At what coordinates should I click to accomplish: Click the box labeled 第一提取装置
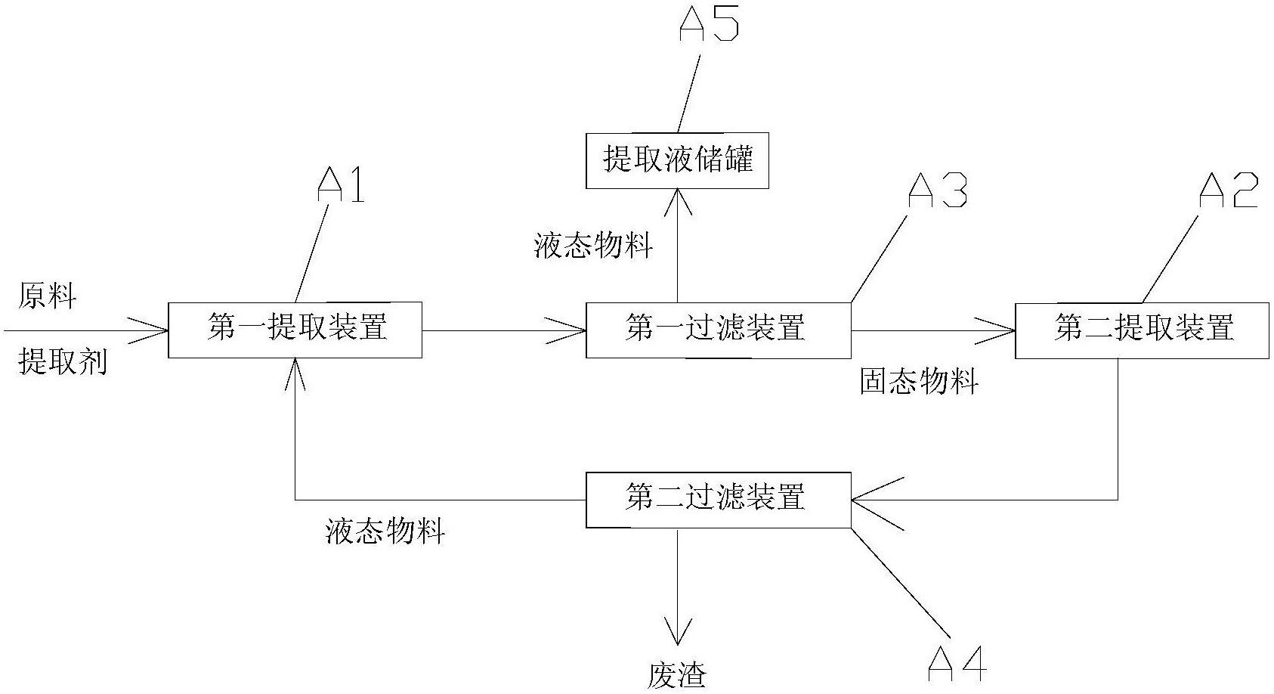tap(295, 330)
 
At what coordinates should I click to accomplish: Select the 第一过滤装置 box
tap(719, 330)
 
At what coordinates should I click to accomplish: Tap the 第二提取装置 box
tap(1142, 330)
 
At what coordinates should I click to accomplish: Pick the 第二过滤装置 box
tap(719, 500)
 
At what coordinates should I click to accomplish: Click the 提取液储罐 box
tap(677, 160)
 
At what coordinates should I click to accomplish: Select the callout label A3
tap(937, 191)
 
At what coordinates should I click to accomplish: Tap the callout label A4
tap(957, 664)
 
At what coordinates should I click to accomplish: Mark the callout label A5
tap(710, 23)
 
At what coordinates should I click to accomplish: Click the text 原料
tap(47, 296)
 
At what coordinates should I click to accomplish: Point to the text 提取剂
tap(63, 361)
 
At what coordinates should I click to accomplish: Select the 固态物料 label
tap(919, 381)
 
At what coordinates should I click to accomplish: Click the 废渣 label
tap(677, 676)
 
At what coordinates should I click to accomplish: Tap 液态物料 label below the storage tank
tap(593, 246)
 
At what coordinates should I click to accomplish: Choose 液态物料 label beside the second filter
tap(385, 531)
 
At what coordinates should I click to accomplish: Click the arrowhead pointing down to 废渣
tap(677, 630)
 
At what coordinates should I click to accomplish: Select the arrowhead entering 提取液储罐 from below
tap(678, 203)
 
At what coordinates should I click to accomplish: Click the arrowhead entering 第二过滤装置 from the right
tap(877, 500)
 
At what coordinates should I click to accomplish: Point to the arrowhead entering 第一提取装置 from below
tap(295, 374)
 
